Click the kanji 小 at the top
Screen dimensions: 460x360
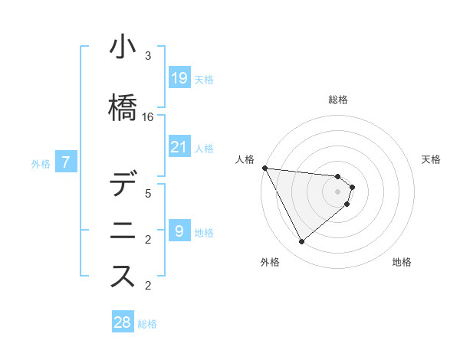click(x=123, y=46)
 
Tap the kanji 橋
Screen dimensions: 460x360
click(x=123, y=107)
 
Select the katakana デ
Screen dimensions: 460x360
click(x=123, y=182)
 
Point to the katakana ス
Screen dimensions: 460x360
click(x=123, y=276)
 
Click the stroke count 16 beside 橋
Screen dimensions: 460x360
click(x=147, y=117)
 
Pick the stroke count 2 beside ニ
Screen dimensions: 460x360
click(x=148, y=240)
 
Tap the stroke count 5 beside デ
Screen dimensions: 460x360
click(x=148, y=194)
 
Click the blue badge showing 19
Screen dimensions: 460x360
click(x=179, y=77)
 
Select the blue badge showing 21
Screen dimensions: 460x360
click(x=179, y=146)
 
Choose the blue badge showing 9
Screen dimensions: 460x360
click(x=179, y=230)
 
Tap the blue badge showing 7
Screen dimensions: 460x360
click(x=66, y=162)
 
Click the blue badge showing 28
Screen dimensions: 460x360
click(x=123, y=321)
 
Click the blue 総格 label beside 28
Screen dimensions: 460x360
click(x=147, y=324)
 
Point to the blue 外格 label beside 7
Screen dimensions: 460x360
click(x=41, y=164)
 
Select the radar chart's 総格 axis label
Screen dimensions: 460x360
click(x=338, y=100)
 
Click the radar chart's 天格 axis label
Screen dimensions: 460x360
click(x=431, y=159)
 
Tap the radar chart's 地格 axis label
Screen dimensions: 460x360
click(x=402, y=262)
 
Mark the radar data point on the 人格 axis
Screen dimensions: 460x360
click(x=265, y=168)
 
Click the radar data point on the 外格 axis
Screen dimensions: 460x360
click(x=301, y=241)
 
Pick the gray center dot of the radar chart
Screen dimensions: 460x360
click(x=337, y=191)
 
